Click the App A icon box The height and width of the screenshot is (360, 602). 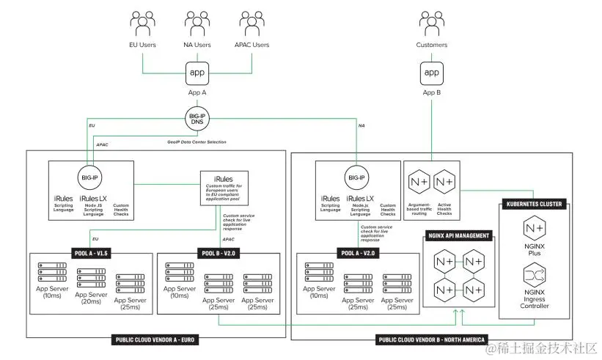coord(197,73)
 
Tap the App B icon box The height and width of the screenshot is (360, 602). coord(432,73)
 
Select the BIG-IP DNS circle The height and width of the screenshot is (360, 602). coord(197,120)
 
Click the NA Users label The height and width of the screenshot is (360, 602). coord(197,45)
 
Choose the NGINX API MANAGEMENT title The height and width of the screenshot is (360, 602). coord(458,236)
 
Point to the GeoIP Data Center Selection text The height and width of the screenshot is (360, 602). coord(197,142)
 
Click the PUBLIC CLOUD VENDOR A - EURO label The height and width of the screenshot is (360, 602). coord(156,339)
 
